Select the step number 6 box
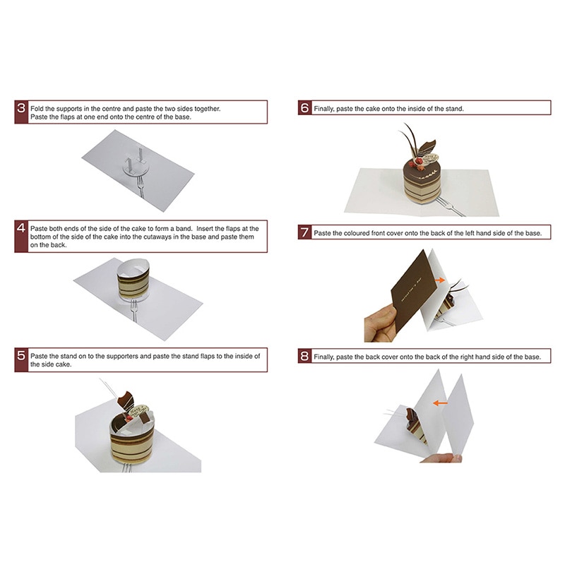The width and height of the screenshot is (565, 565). (x=304, y=108)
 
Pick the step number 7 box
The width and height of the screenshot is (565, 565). (x=304, y=232)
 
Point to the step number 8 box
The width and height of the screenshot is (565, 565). (x=304, y=356)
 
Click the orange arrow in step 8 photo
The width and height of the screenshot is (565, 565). (x=441, y=403)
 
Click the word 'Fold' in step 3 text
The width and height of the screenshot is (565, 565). (x=37, y=108)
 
